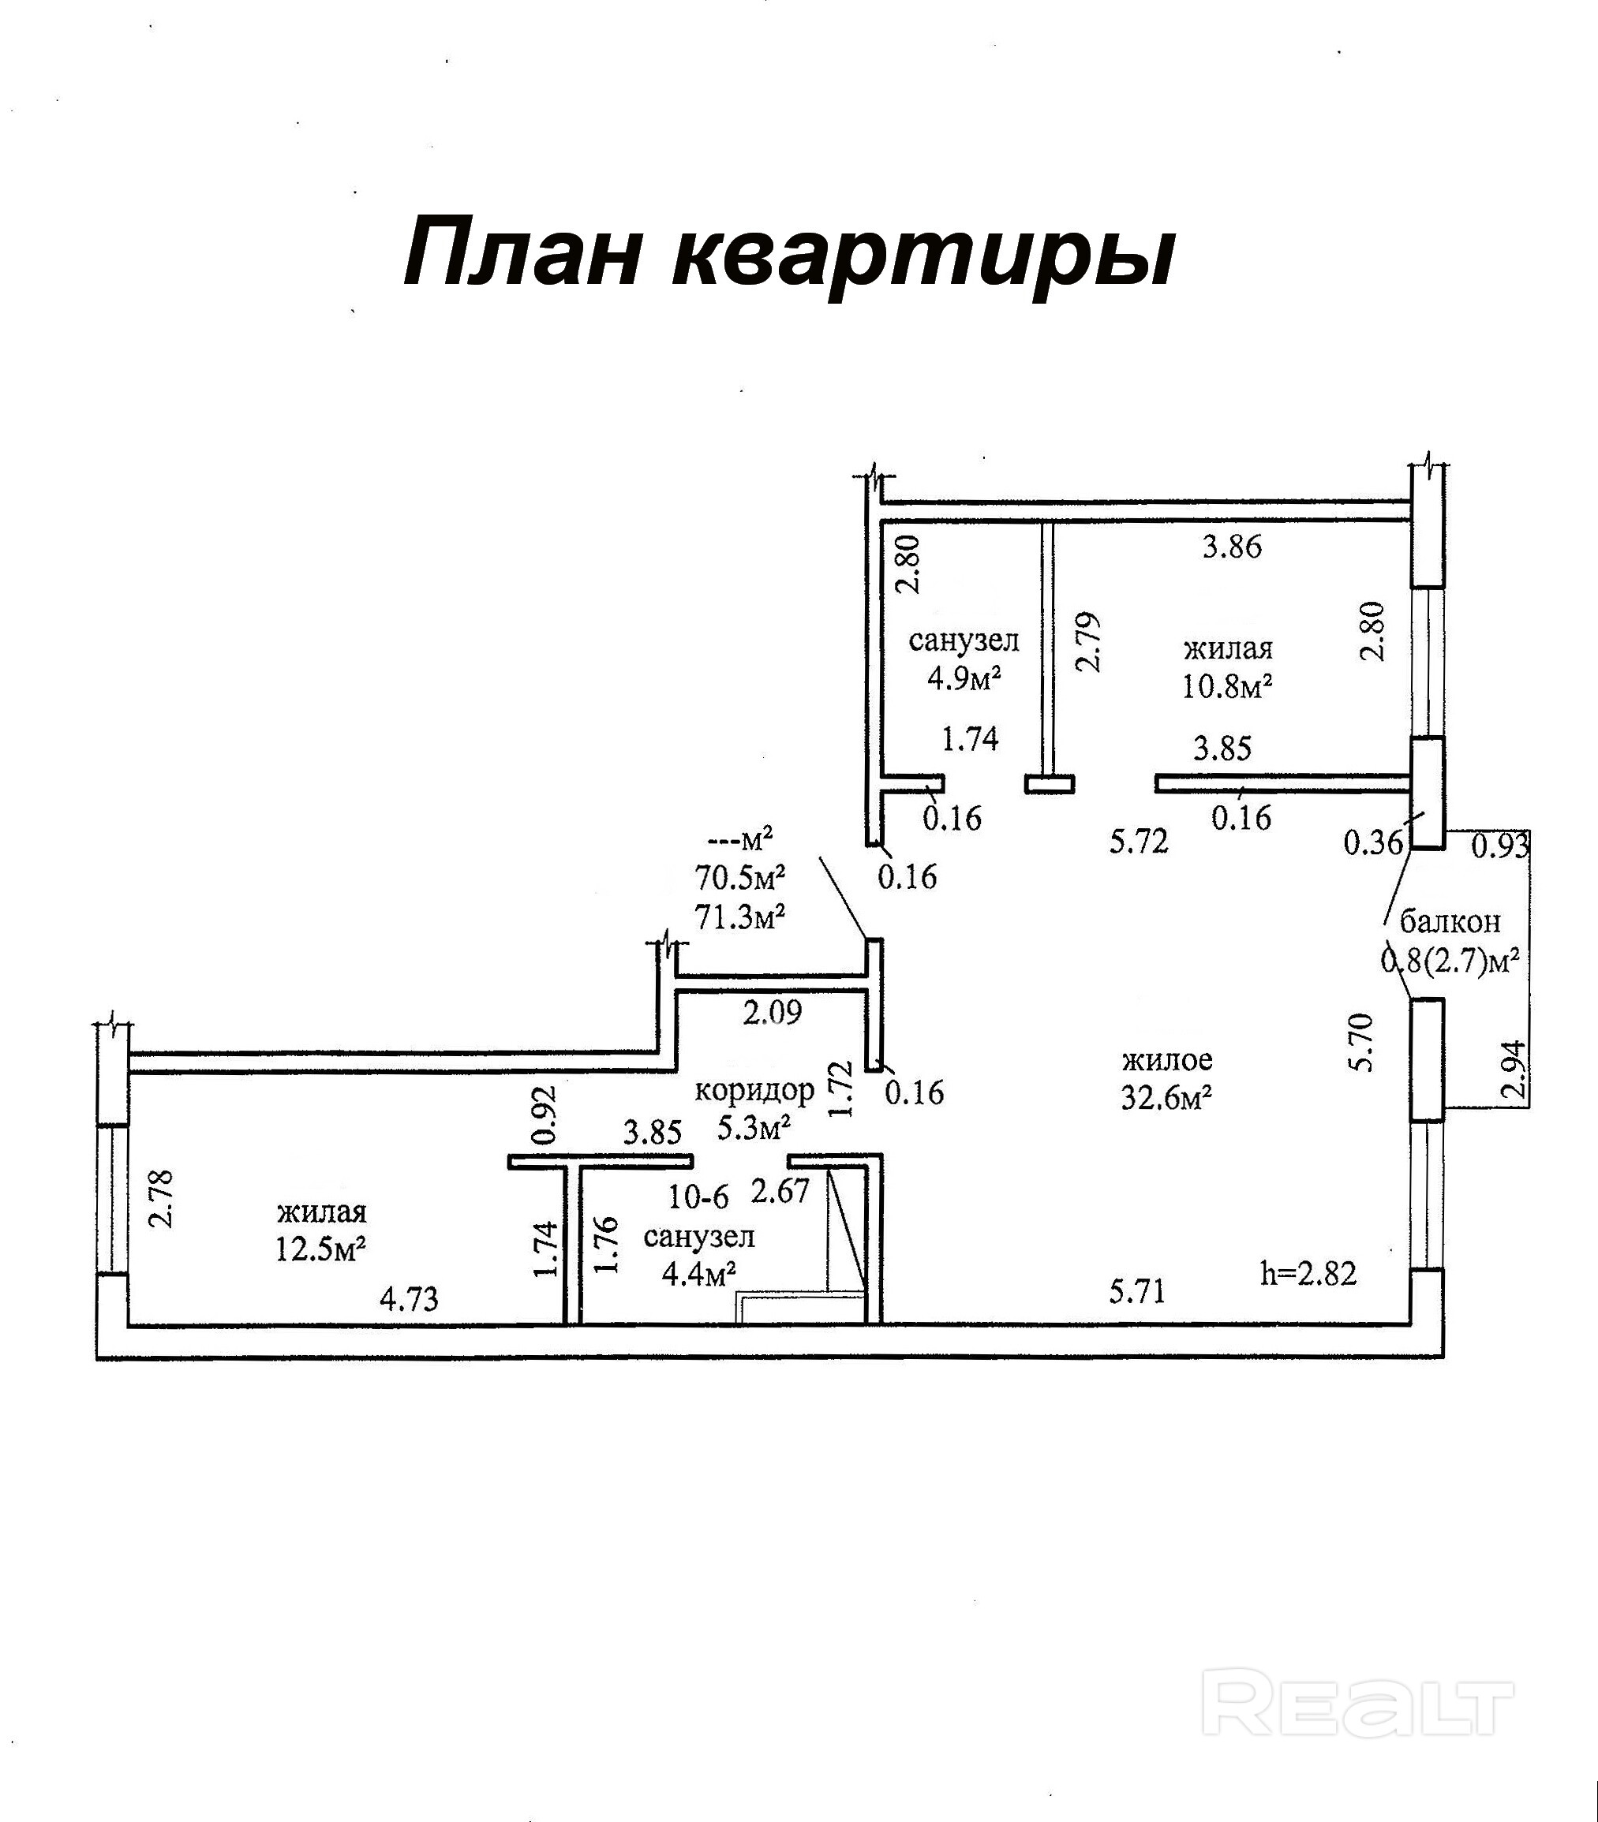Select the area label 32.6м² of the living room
coord(1166,1098)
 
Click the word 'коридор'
coord(754,1089)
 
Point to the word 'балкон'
coord(1450,920)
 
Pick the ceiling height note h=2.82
coord(1308,1274)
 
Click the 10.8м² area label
coord(1227,686)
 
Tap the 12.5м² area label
coord(321,1249)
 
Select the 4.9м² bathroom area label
coord(964,678)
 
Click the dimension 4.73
coord(410,1299)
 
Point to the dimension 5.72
coord(1139,841)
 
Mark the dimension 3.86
coord(1233,546)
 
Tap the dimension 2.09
coord(773,1012)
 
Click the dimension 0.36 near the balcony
coord(1373,842)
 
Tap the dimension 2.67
coord(780,1191)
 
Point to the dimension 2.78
coord(163,1199)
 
